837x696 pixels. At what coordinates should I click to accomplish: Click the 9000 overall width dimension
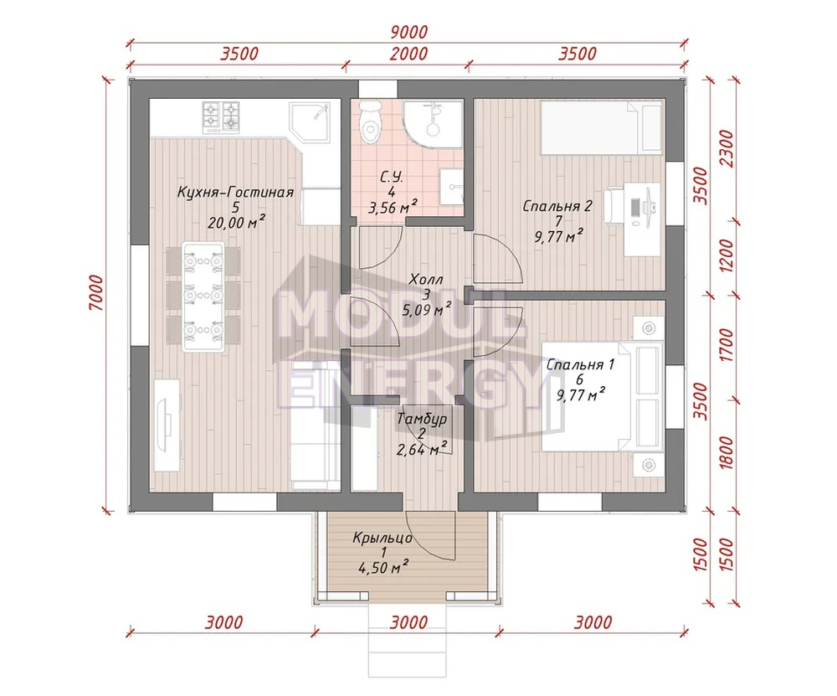pos(409,32)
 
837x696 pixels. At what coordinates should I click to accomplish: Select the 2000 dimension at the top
pos(409,54)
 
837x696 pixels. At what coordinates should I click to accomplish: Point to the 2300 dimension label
pos(727,149)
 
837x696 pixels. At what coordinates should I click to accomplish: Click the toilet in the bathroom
pos(369,122)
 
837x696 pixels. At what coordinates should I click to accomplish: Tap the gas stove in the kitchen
pos(220,117)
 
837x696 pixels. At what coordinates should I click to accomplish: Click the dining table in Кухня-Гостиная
pos(203,296)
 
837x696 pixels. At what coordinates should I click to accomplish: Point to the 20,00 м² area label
pos(237,222)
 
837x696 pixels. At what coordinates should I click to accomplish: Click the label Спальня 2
pos(557,206)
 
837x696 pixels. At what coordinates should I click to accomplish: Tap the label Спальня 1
pos(580,365)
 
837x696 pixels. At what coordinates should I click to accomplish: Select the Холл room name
pos(426,280)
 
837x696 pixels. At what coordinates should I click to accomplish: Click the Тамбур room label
pos(422,419)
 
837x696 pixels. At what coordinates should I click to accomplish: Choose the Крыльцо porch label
pos(383,538)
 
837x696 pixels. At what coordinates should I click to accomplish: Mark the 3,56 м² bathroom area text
pos(393,207)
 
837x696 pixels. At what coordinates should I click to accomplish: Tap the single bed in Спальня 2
pos(601,127)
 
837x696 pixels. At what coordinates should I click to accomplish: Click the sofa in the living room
pos(315,425)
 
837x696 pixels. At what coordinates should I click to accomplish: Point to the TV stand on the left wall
pos(167,425)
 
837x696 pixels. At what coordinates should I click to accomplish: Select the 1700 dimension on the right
pos(727,345)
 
